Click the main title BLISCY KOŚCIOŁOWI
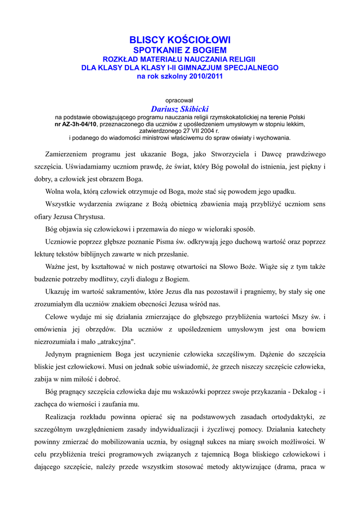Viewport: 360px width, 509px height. point(180,40)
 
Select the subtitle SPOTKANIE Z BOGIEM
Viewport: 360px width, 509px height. point(180,50)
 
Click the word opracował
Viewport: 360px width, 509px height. point(180,100)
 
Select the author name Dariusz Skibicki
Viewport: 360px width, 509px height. point(180,109)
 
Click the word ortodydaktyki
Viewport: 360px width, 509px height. point(292,416)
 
